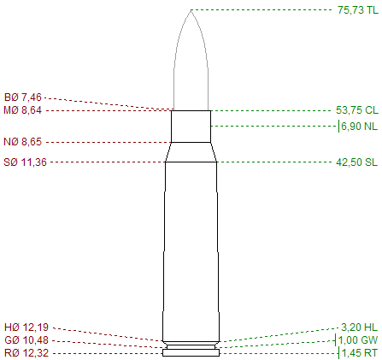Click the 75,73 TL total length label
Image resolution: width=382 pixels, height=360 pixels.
pyautogui.click(x=358, y=10)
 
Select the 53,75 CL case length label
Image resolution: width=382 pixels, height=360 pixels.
pyautogui.click(x=357, y=110)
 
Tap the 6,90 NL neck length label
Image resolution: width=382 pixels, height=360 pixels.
pyautogui.click(x=359, y=126)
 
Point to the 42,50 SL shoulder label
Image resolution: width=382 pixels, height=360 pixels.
pyautogui.click(x=356, y=162)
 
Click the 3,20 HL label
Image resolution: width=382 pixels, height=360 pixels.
pyautogui.click(x=359, y=328)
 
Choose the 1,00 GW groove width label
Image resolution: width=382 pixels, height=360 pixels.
pyautogui.click(x=358, y=340)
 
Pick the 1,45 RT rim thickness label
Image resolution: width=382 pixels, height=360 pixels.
pyautogui.click(x=359, y=353)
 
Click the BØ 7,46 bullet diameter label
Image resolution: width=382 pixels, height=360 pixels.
pyautogui.click(x=23, y=97)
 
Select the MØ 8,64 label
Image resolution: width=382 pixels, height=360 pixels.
pyautogui.click(x=22, y=110)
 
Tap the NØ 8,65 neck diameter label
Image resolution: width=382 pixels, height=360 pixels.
pyautogui.click(x=22, y=142)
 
